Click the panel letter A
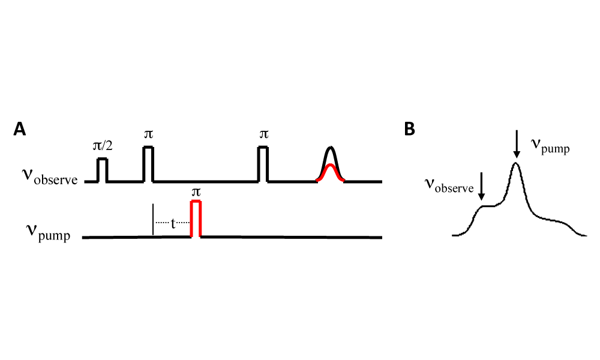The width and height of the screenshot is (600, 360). tap(20, 130)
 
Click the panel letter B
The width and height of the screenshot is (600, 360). tap(410, 130)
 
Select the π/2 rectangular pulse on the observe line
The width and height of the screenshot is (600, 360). tap(102, 169)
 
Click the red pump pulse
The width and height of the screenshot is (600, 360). tap(196, 218)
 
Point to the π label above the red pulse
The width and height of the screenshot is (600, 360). tap(195, 192)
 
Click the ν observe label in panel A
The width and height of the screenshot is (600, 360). tap(50, 178)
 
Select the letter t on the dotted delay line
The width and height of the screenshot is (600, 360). tap(173, 223)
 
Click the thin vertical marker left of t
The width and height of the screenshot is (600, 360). tap(153, 220)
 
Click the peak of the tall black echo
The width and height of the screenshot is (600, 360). tap(331, 148)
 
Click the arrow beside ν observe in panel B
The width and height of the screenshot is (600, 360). tap(481, 187)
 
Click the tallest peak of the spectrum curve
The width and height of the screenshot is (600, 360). tap(516, 163)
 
